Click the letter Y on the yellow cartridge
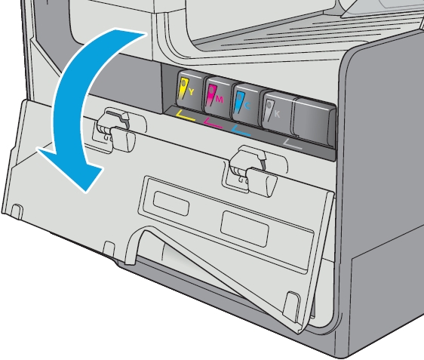point(191,92)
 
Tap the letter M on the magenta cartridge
point(220,100)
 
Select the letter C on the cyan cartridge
point(247,106)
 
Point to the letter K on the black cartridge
point(277,114)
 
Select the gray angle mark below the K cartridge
point(291,145)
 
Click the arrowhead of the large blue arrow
point(71,169)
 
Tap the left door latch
point(115,130)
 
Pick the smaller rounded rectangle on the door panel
point(171,203)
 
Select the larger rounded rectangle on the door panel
point(244,229)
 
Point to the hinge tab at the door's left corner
point(17,211)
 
